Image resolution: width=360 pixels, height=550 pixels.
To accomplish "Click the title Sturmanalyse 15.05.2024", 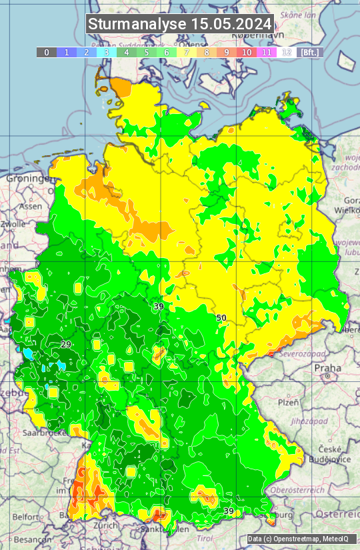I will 180,24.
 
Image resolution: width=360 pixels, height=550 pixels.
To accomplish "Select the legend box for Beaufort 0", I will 46,52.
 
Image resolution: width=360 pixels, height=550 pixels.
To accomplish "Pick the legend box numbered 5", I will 146,52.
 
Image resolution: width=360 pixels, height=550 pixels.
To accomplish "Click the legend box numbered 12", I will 286,52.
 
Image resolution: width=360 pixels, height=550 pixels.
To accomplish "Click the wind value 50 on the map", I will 221,318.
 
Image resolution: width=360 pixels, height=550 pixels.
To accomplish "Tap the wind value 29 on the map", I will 65,344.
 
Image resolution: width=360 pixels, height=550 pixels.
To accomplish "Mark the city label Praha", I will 328,368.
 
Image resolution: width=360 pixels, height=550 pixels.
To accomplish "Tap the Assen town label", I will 30,207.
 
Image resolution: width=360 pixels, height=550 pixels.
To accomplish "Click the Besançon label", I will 33,539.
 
